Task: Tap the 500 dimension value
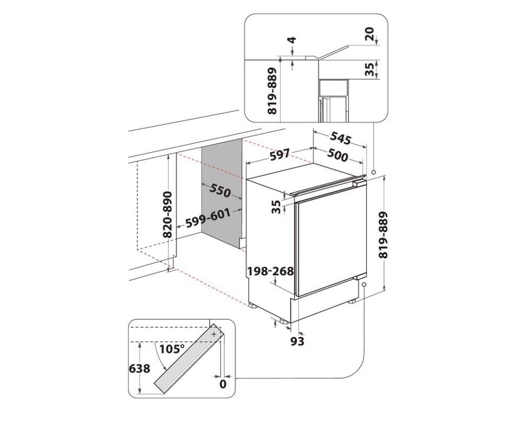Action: [x=337, y=156]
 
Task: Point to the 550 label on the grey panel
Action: [x=220, y=191]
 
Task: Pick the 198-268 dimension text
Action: [x=270, y=271]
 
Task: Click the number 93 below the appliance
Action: [x=297, y=341]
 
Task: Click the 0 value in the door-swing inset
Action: [x=223, y=385]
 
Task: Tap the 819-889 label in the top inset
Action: [x=272, y=90]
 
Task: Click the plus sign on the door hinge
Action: [x=214, y=335]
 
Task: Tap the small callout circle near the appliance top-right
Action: [x=374, y=172]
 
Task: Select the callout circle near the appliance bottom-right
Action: [x=365, y=284]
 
